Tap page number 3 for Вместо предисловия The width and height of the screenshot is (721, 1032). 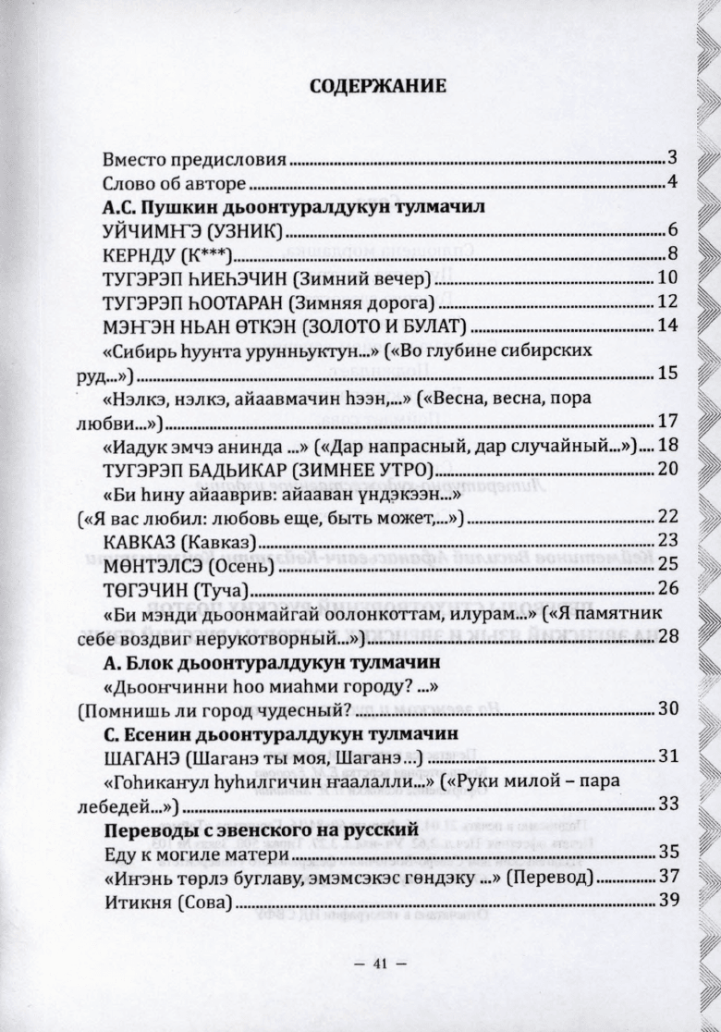coord(673,156)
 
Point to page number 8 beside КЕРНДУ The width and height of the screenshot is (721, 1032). coord(673,254)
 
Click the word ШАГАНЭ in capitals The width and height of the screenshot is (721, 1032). coord(138,756)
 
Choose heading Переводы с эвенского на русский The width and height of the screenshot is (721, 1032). coord(261,829)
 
